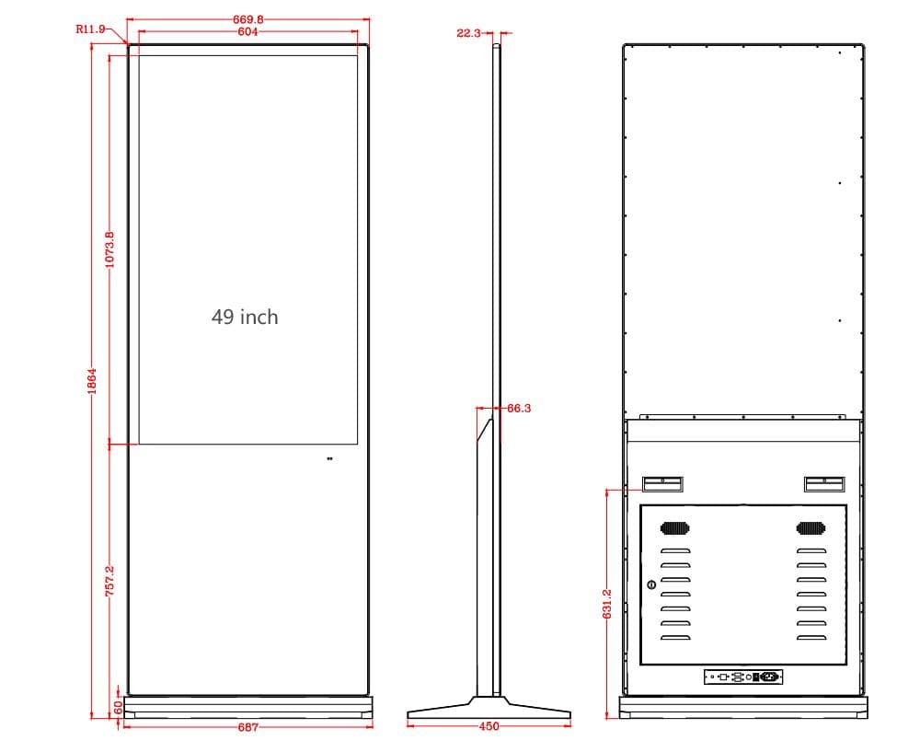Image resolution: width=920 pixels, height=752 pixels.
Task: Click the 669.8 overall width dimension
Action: pos(248,19)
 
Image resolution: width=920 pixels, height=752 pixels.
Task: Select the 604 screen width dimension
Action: pos(247,31)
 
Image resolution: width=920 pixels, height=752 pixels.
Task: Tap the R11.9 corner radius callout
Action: pos(90,29)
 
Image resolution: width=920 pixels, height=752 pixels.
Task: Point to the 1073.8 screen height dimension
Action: pos(109,249)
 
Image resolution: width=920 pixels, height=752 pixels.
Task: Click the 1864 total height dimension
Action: pos(92,381)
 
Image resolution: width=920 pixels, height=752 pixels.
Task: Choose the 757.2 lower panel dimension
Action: pos(109,581)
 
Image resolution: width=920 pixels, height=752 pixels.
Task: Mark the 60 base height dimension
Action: pos(118,707)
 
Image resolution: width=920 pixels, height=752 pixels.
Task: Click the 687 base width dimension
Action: pos(248,727)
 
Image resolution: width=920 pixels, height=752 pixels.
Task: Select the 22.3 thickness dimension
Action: pos(468,33)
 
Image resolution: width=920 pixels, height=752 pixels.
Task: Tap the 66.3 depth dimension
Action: pos(519,408)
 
